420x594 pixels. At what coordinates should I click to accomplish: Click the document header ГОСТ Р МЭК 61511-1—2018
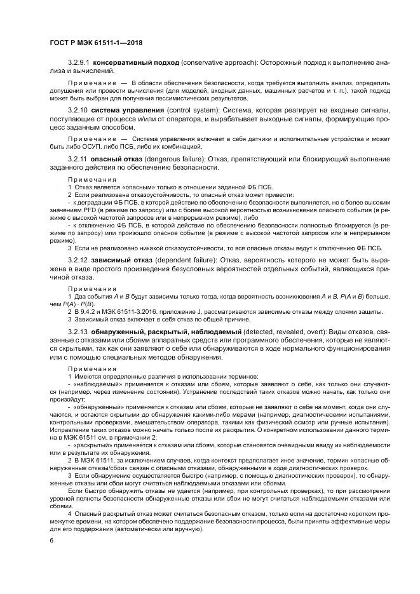point(95,43)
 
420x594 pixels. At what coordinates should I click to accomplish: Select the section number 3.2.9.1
point(79,64)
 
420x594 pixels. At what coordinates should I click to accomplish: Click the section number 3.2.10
point(77,111)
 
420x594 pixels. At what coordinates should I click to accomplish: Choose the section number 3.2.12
point(77,260)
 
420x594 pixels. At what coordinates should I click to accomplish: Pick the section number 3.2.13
point(77,332)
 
